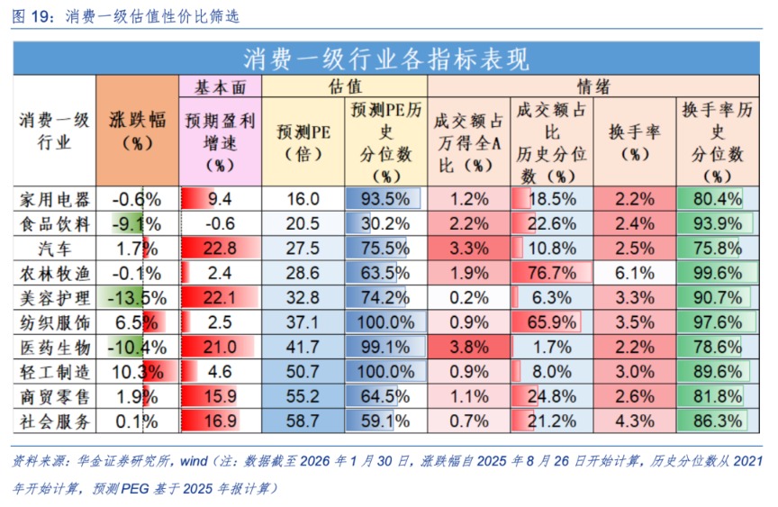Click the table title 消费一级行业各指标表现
386,59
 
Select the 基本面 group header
220,86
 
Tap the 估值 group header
343,86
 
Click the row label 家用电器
55,199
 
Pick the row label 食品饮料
55,223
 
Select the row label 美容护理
55,297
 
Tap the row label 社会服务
55,421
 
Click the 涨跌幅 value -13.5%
136,297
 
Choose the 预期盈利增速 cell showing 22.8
220,249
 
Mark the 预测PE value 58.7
303,421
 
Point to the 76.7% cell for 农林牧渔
550,273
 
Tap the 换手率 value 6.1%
635,273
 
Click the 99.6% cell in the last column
718,273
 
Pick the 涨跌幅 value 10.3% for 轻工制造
136,371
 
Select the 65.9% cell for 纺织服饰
550,322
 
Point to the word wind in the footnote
194,462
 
